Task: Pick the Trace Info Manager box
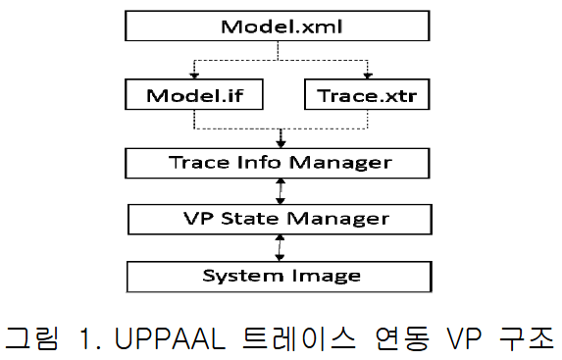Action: pyautogui.click(x=281, y=161)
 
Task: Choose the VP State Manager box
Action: pyautogui.click(x=281, y=217)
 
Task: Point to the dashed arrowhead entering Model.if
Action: pyautogui.click(x=194, y=77)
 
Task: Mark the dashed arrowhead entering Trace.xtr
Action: pyautogui.click(x=366, y=77)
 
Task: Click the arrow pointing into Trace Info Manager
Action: pyautogui.click(x=281, y=139)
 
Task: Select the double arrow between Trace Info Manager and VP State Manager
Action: pyautogui.click(x=281, y=189)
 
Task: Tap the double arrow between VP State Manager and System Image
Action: pyautogui.click(x=281, y=245)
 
